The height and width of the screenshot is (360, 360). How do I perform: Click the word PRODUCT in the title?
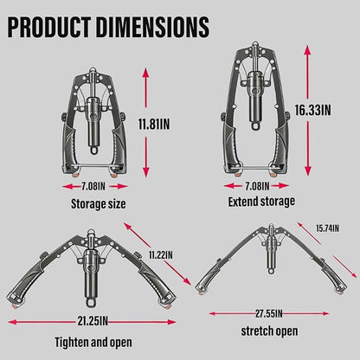pyautogui.click(x=48, y=27)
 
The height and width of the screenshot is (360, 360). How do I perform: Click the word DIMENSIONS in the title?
pyautogui.click(x=152, y=27)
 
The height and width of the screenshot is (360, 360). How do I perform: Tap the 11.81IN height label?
pyautogui.click(x=154, y=125)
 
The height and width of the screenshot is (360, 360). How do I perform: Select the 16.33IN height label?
pyautogui.click(x=312, y=110)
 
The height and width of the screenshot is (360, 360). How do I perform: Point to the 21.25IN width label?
pyautogui.click(x=93, y=321)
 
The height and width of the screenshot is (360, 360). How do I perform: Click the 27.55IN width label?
pyautogui.click(x=269, y=313)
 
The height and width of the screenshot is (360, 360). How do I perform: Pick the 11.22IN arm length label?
pyautogui.click(x=161, y=255)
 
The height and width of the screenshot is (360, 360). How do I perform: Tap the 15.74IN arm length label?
pyautogui.click(x=327, y=228)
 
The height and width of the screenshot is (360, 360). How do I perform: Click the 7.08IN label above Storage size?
pyautogui.click(x=93, y=186)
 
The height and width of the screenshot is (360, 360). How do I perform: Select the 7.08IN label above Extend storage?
pyautogui.click(x=257, y=186)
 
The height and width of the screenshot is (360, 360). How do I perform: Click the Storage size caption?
pyautogui.click(x=99, y=204)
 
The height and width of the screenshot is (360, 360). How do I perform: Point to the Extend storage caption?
pyautogui.click(x=261, y=202)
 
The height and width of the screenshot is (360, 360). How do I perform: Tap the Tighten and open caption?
pyautogui.click(x=93, y=343)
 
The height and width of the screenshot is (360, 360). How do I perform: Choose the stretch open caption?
pyautogui.click(x=269, y=331)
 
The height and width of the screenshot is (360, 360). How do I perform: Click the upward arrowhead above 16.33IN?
pyautogui.click(x=308, y=50)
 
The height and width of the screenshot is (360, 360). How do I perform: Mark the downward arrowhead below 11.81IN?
pyautogui.click(x=146, y=172)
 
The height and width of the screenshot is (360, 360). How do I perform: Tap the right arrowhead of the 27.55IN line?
pyautogui.click(x=325, y=313)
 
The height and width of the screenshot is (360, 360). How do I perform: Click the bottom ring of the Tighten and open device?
pyautogui.click(x=91, y=303)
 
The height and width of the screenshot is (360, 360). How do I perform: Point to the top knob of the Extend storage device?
pyautogui.click(x=254, y=45)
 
